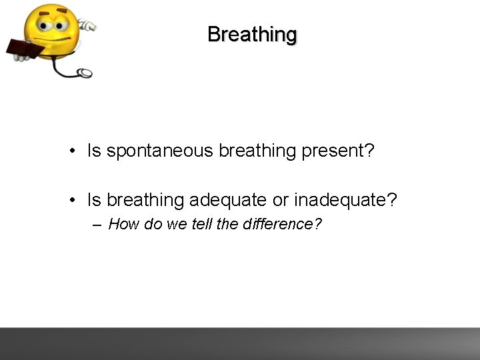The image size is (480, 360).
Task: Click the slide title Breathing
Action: point(251,34)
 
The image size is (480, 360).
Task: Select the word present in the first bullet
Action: point(332,151)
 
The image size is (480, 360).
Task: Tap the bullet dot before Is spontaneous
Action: point(72,151)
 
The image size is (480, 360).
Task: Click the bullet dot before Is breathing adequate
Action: point(72,199)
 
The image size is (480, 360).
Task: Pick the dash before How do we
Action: point(97,225)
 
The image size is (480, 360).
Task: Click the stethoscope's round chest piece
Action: point(85,72)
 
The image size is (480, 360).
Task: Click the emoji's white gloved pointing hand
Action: point(87,26)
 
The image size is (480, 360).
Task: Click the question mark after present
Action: point(369,151)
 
